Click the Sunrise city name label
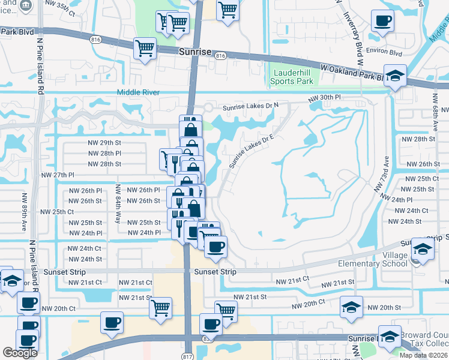195,52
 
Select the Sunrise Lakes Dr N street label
243,106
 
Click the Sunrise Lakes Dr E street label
251,151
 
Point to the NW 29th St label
104,142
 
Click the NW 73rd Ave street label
382,174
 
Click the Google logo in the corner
20,353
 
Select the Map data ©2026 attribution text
424,355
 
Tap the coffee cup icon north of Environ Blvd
382,21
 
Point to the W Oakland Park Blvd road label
352,73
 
